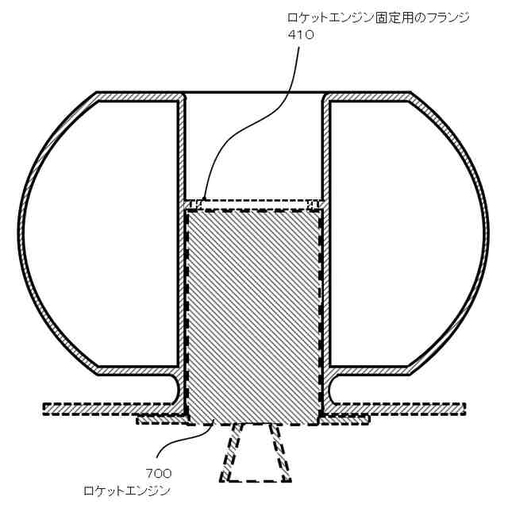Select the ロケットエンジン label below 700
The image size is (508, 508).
click(x=127, y=490)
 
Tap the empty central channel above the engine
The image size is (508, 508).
click(x=254, y=143)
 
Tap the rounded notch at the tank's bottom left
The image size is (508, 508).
click(x=176, y=389)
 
